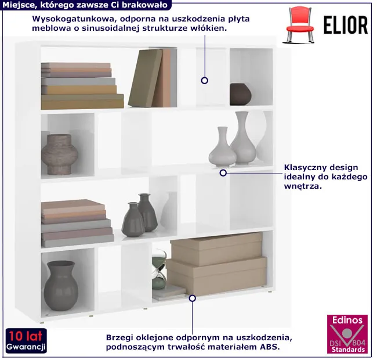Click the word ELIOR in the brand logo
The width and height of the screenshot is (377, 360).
tap(346, 26)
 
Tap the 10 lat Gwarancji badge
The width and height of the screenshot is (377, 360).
tap(26, 340)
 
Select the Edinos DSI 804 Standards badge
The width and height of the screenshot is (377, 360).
tap(347, 334)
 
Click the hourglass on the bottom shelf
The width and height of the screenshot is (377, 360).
tap(159, 269)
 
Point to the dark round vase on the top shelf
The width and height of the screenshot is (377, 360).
tap(240, 94)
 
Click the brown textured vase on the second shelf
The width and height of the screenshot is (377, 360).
tap(60, 154)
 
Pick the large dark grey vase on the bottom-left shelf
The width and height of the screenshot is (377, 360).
tap(61, 286)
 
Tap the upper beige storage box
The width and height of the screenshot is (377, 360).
tap(216, 249)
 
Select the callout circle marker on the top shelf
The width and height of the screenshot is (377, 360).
tap(205, 80)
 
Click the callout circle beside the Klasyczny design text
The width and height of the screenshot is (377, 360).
tap(223, 173)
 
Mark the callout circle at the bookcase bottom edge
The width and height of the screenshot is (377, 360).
tap(192, 298)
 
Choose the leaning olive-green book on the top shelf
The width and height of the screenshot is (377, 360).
tap(146, 78)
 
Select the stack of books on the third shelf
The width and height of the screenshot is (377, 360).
tap(77, 224)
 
